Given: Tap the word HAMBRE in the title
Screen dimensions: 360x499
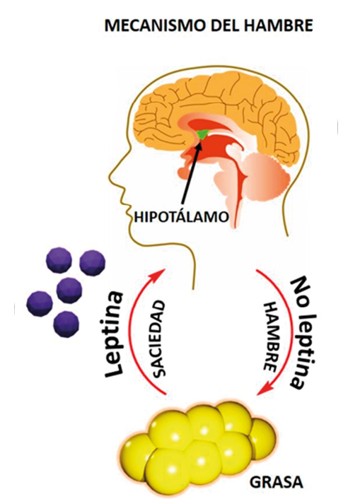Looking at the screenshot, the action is pyautogui.click(x=279, y=25).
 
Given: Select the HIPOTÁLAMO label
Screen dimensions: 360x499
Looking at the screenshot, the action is pyautogui.click(x=181, y=218).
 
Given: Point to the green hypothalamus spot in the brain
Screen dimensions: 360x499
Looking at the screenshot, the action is pyautogui.click(x=202, y=134).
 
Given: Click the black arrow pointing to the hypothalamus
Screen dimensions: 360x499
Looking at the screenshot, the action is pyautogui.click(x=191, y=175).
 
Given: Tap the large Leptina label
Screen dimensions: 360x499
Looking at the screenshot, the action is pyautogui.click(x=114, y=334).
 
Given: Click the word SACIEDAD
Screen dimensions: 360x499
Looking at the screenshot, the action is pyautogui.click(x=158, y=339).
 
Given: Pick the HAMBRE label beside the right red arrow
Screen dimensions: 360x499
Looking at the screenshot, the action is pyautogui.click(x=271, y=337).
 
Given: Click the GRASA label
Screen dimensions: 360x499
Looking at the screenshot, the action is pyautogui.click(x=276, y=482).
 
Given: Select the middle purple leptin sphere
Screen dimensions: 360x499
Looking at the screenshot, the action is pyautogui.click(x=69, y=290).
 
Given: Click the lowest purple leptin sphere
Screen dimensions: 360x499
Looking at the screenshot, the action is pyautogui.click(x=66, y=324).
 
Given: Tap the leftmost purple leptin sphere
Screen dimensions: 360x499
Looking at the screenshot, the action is pyautogui.click(x=39, y=304).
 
